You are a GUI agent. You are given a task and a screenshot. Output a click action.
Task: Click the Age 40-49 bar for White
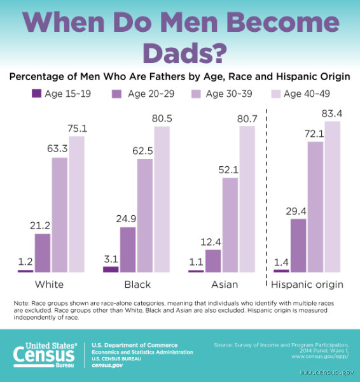coord(76,204)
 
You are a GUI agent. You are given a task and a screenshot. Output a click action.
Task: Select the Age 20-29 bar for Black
coord(127,249)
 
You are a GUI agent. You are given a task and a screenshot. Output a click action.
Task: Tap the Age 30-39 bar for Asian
coord(230,225)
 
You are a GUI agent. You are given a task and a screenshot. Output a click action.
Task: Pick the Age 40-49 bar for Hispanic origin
coord(333,196)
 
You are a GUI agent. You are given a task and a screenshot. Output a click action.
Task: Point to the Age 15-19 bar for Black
coord(111,269)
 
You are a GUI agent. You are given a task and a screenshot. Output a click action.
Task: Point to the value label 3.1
coord(111,259)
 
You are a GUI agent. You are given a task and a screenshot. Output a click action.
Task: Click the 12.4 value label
coord(213,242)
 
